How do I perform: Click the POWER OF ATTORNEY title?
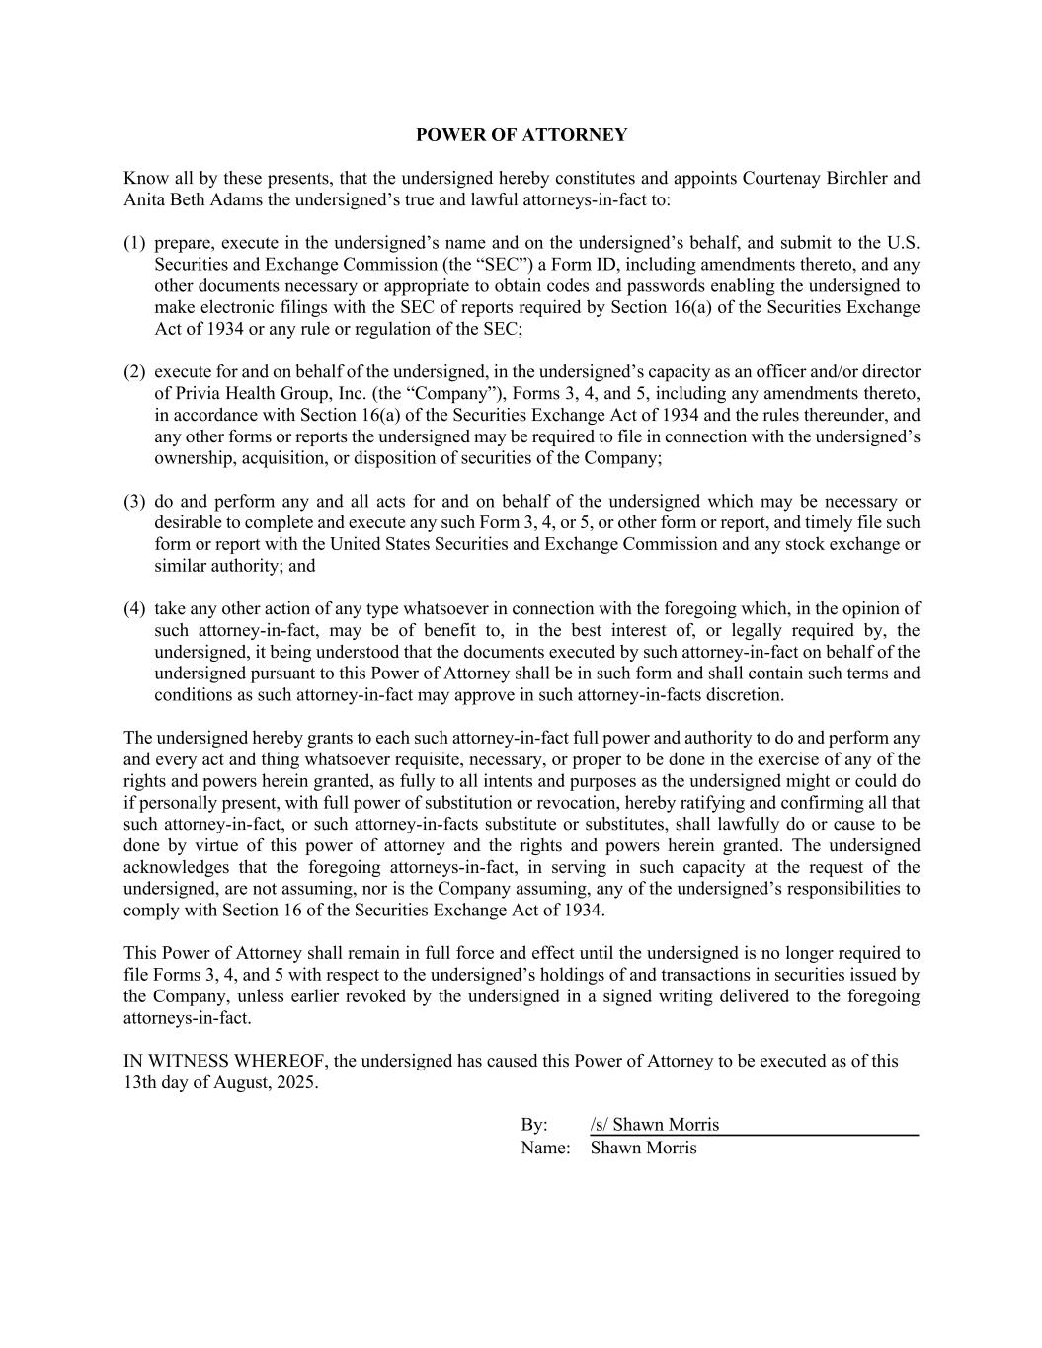[x=521, y=135]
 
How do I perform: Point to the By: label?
[x=533, y=1125]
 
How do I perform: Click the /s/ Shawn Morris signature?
[x=654, y=1125]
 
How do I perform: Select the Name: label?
[x=545, y=1148]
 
